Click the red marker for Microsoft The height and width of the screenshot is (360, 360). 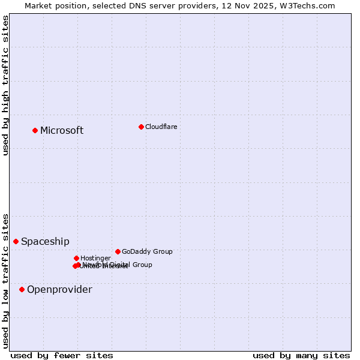point(35,130)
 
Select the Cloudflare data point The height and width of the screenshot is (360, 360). point(141,127)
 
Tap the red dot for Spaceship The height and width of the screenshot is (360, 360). point(16,241)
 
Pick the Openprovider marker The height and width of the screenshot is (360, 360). point(22,289)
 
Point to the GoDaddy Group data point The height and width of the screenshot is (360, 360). point(118,251)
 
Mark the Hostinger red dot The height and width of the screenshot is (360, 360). point(76,258)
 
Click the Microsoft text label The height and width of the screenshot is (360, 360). point(62,131)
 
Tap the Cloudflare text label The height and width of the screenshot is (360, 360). point(161,127)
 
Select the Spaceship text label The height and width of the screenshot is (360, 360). point(45,242)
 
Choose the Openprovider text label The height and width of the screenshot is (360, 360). point(59,290)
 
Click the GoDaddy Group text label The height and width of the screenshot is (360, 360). point(147,251)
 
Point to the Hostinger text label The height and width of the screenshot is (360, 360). point(95,258)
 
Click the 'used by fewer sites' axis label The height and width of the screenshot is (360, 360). point(62,355)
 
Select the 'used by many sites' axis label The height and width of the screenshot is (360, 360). point(301,355)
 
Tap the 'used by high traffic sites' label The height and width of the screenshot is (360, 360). point(5,85)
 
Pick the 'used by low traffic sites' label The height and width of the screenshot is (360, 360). point(5,281)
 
